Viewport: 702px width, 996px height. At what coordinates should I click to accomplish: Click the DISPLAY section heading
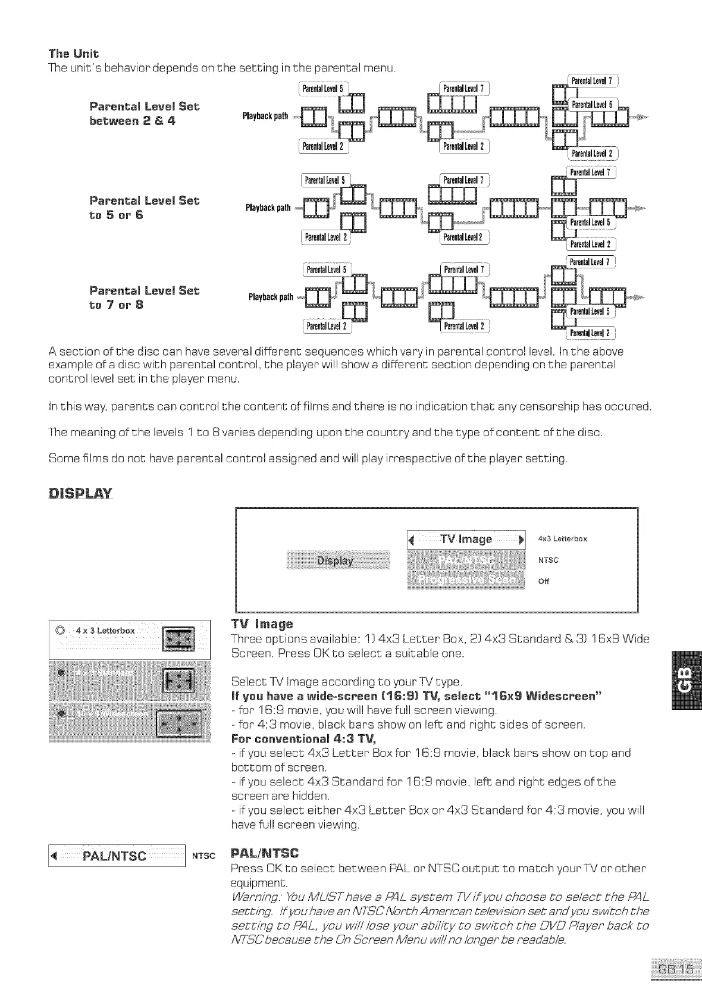click(80, 494)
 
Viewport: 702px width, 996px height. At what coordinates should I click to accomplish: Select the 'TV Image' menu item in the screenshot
click(466, 539)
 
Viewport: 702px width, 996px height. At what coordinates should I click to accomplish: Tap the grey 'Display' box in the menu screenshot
click(335, 560)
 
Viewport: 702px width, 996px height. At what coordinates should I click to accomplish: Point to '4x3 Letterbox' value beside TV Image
click(562, 539)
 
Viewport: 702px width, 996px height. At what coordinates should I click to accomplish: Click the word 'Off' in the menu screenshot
click(543, 581)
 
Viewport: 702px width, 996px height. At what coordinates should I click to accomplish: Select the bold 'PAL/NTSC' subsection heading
click(265, 853)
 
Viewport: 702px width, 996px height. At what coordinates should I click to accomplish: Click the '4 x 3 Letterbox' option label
click(105, 631)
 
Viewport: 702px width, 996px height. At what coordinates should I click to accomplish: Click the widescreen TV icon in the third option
click(183, 723)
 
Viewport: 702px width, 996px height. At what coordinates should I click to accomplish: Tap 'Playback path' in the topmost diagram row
click(265, 115)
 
